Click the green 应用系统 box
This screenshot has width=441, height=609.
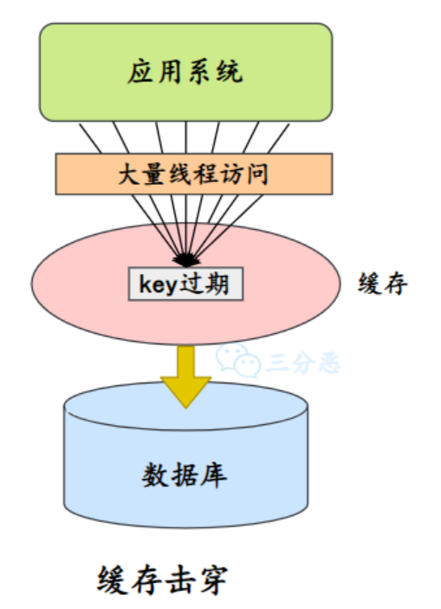tap(185, 71)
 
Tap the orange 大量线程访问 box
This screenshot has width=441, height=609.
tap(194, 174)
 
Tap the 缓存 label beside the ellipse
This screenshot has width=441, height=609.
tap(382, 284)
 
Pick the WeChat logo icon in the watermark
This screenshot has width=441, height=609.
tap(237, 355)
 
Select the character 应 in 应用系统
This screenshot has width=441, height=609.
tap(141, 71)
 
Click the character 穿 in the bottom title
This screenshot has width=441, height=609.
tap(211, 580)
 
